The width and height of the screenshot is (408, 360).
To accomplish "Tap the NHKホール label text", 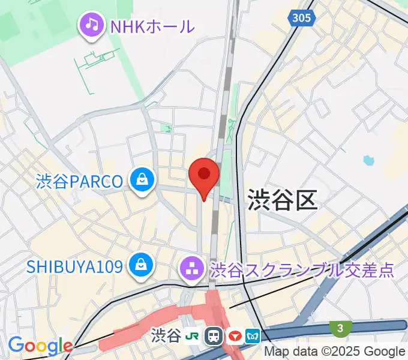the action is tap(152, 26).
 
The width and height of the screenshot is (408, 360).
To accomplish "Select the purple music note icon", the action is tap(91, 25).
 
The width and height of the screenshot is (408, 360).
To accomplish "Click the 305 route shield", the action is tap(302, 18).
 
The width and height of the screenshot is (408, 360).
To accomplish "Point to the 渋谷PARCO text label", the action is tap(79, 181).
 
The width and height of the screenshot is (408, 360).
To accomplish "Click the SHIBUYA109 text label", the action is tap(75, 265).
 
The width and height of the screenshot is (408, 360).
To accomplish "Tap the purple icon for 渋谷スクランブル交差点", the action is tap(192, 269).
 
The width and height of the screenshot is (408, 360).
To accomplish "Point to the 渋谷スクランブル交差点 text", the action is tap(302, 269).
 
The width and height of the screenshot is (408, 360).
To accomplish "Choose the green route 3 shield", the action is tap(340, 328).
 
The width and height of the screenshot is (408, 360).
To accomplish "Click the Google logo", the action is tap(40, 346).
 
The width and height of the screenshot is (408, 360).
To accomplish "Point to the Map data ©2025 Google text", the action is tap(335, 352).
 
